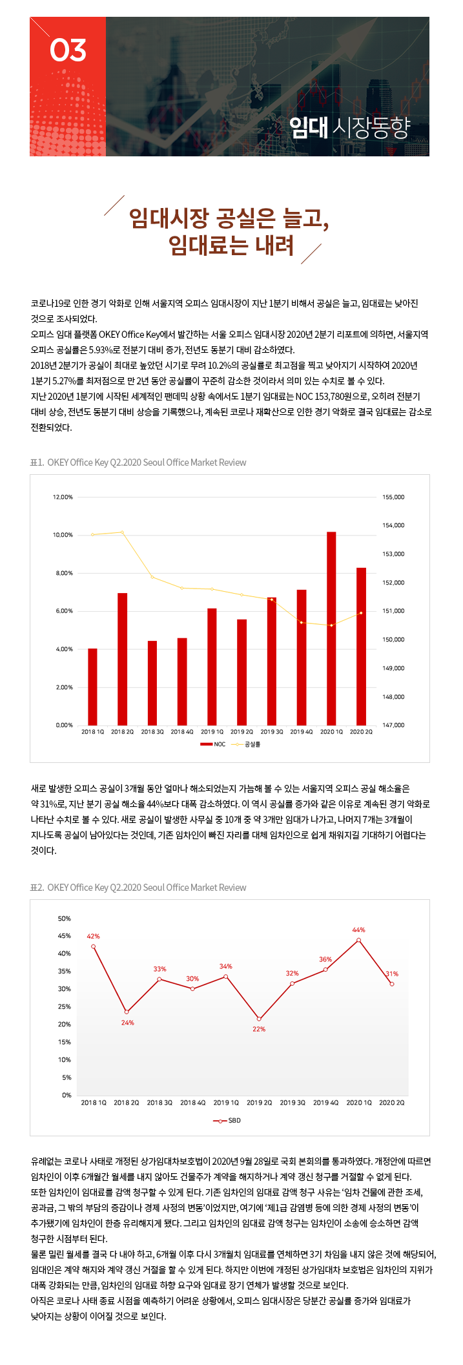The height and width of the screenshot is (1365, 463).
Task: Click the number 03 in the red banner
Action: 68,50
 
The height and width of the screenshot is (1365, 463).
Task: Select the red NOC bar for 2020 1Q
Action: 331,629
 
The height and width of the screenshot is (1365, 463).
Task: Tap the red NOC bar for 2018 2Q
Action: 122,659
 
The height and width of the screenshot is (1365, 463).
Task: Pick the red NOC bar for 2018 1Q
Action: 92,687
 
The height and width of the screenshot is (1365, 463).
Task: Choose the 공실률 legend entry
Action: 246,744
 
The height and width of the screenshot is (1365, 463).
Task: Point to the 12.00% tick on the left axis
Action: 63,497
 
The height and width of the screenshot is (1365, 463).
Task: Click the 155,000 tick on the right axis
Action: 393,497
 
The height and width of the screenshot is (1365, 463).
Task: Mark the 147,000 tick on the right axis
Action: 393,725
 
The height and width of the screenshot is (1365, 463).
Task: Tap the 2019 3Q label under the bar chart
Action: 272,732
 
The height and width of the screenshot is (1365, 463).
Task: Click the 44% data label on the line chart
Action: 358,930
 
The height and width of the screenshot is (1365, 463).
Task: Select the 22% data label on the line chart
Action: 259,1029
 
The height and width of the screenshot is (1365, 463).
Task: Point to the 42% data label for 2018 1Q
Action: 93,936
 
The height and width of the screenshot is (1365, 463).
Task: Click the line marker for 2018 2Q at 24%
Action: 127,1012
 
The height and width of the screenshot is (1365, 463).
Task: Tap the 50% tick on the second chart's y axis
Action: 65,918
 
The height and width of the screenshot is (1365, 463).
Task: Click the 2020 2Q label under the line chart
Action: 391,1102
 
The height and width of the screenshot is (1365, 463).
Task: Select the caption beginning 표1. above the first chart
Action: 138,463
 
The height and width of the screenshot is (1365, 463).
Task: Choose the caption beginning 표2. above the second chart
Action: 138,888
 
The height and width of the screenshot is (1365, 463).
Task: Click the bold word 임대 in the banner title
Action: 309,127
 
